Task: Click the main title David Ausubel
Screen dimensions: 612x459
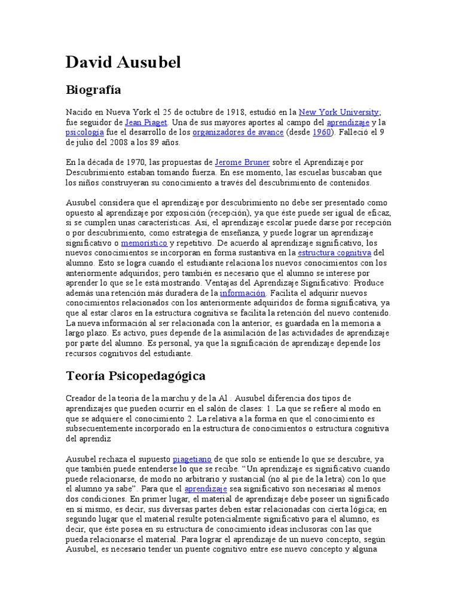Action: pyautogui.click(x=123, y=62)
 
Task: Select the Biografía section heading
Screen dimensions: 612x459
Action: pyautogui.click(x=93, y=90)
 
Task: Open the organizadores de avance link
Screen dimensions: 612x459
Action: pyautogui.click(x=238, y=132)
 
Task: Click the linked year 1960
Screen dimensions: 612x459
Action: pyautogui.click(x=322, y=132)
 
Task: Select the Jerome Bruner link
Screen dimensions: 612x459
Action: pyautogui.click(x=242, y=163)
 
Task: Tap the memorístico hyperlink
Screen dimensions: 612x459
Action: pyautogui.click(x=144, y=243)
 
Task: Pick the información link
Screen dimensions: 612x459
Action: pyautogui.click(x=242, y=293)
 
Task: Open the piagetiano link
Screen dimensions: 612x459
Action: pyautogui.click(x=192, y=459)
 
